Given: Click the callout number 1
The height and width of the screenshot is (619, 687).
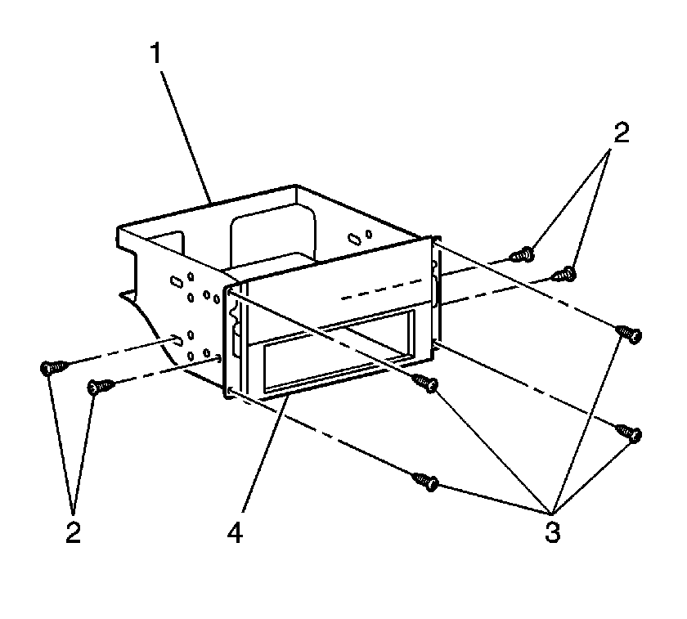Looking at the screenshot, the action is tap(155, 54).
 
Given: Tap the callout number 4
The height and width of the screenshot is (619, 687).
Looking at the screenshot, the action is tap(236, 532).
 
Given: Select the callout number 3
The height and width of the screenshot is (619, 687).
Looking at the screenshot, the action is tap(553, 532).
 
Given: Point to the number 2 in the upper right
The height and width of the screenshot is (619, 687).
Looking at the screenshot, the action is tap(622, 132).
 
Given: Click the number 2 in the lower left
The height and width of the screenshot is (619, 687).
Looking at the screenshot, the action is tap(73, 532).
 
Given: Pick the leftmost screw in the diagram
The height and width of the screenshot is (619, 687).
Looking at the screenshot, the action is tap(53, 367).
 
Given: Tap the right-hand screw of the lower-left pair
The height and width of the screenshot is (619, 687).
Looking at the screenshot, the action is tap(101, 387).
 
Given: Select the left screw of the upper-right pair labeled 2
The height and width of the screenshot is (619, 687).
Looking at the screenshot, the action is tap(523, 254).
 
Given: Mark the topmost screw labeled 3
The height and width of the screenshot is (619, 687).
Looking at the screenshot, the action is tap(629, 334).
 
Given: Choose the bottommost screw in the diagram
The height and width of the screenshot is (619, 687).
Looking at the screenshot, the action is tap(426, 482).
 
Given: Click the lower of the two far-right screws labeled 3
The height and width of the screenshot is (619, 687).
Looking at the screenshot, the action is tap(629, 433).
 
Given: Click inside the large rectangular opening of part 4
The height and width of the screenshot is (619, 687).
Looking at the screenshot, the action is tap(337, 351).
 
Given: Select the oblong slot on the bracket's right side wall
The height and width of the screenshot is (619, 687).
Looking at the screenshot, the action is tap(353, 239).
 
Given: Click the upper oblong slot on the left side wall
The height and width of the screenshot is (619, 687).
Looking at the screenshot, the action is tap(176, 281).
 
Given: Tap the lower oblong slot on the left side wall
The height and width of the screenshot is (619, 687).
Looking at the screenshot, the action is tap(177, 339).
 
